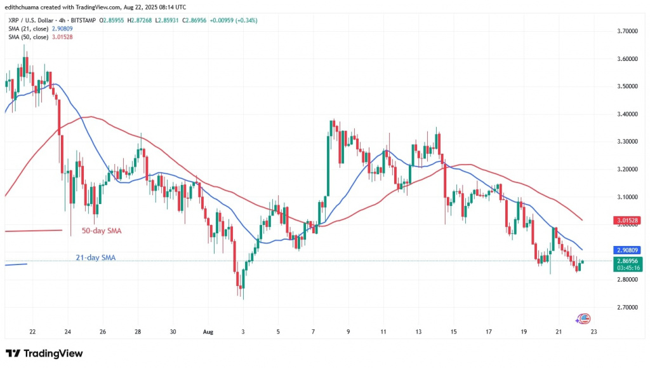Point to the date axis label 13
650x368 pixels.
418,332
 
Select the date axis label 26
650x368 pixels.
103,332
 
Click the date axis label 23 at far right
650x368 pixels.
594,332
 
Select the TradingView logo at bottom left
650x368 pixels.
44,353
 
